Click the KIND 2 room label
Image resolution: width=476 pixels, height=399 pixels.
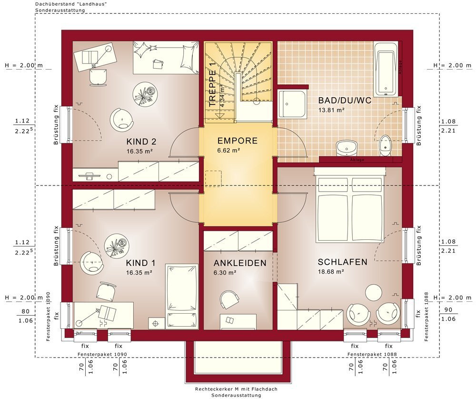pos(141,142)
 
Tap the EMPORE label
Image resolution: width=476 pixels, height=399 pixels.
pos(238,141)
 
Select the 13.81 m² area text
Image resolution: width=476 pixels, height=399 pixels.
pos(331,110)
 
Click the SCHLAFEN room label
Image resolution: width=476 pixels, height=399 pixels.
pos(342,262)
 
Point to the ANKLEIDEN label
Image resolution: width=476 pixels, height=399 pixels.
pos(240,263)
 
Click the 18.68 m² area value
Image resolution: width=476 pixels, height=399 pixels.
pos(331,272)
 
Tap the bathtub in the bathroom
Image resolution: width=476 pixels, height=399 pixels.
pos(386,69)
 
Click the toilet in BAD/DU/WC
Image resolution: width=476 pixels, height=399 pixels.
pos(385,145)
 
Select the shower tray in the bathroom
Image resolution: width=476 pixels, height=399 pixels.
pos(292,103)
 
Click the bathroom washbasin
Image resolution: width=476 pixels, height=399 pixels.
pos(347,148)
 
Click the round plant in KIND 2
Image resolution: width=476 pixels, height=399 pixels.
pos(145,94)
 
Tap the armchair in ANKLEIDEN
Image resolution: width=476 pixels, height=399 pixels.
pos(229,299)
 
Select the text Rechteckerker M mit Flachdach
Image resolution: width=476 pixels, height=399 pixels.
pos(236,389)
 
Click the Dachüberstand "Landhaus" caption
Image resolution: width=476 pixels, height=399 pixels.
pos(71,4)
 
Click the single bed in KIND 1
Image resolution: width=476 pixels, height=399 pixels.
pos(181,297)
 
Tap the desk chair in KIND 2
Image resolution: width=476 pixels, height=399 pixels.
pos(99,77)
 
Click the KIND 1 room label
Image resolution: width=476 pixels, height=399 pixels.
pos(141,263)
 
